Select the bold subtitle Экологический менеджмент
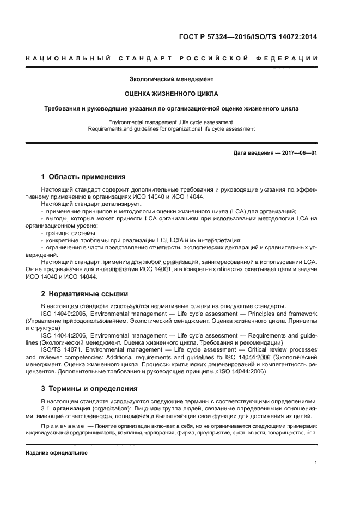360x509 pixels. coord(171,79)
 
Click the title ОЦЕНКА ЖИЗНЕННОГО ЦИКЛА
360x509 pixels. coord(171,94)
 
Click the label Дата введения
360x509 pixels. coord(253,153)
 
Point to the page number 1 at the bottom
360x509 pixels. coord(315,463)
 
